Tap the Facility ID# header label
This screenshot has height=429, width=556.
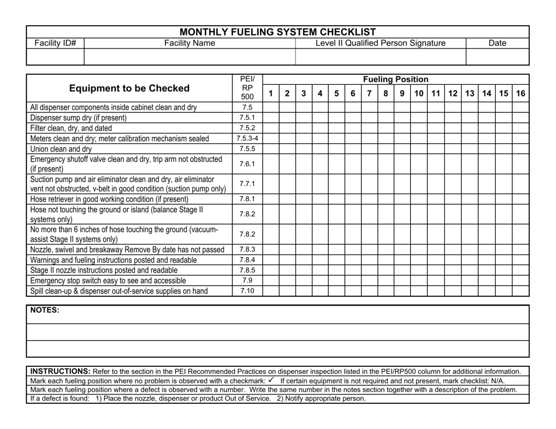(56, 43)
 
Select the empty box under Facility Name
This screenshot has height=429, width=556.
(190, 56)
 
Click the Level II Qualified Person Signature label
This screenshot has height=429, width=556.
(380, 43)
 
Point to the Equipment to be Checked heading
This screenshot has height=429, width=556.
(129, 88)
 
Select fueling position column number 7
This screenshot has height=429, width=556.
(369, 93)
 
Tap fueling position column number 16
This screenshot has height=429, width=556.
(520, 93)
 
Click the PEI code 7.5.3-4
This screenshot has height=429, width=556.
(248, 138)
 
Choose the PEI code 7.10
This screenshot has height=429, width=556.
(248, 290)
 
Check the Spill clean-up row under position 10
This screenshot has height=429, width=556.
(419, 290)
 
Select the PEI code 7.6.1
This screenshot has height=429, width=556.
(248, 164)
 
